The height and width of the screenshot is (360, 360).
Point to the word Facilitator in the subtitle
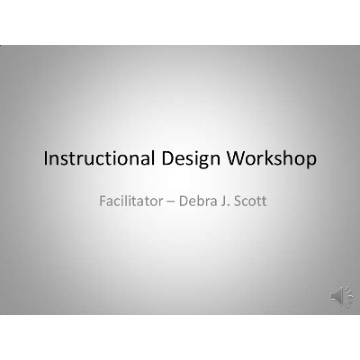129,199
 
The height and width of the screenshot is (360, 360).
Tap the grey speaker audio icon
341,294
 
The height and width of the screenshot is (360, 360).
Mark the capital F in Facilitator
103,199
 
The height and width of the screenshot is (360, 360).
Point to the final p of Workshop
311,162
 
